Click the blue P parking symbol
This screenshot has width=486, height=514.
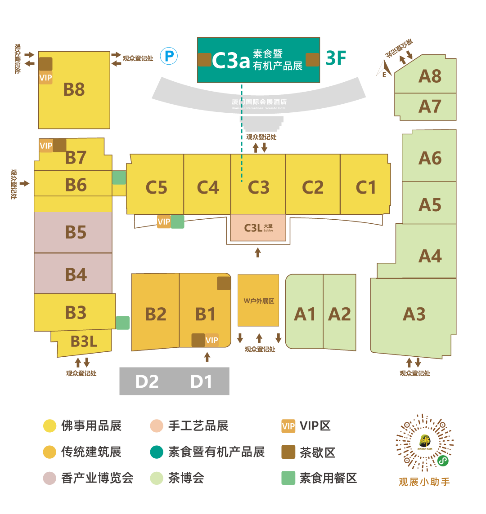tap(170, 56)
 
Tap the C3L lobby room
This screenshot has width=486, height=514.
tap(258, 228)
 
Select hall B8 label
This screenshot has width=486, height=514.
tap(74, 89)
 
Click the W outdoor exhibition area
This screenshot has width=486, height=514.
tap(258, 301)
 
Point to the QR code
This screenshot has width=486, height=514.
tap(424, 443)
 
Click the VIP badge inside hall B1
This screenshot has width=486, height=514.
tap(212, 340)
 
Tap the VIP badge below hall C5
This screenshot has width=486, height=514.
tap(164, 222)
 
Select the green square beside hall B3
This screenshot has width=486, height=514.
tap(123, 323)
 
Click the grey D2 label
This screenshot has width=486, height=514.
tap(147, 381)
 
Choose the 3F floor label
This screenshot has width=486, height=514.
tap(336, 58)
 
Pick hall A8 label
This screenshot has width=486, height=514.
tap(430, 76)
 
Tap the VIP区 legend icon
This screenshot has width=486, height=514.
tap(288, 425)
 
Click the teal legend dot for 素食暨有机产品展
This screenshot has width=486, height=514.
tap(157, 452)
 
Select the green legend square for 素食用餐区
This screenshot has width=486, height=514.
tap(288, 478)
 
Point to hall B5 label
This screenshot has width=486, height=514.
tap(76, 232)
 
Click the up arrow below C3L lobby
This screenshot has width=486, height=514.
tap(258, 252)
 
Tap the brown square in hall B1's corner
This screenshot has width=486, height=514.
tap(224, 284)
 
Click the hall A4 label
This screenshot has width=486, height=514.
tap(430, 256)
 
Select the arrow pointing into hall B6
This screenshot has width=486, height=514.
tap(24, 183)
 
